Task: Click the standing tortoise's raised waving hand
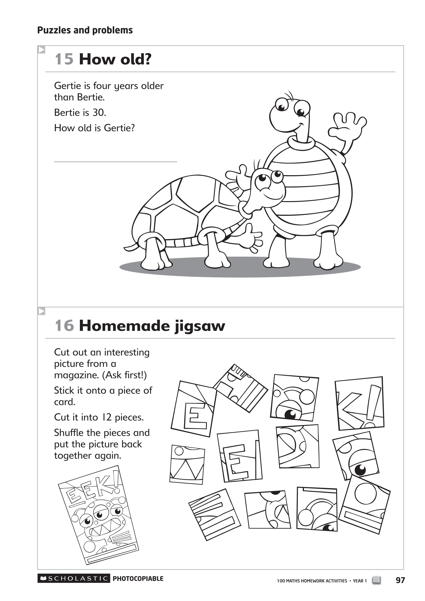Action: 347,126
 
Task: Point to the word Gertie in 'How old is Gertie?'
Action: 119,128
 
